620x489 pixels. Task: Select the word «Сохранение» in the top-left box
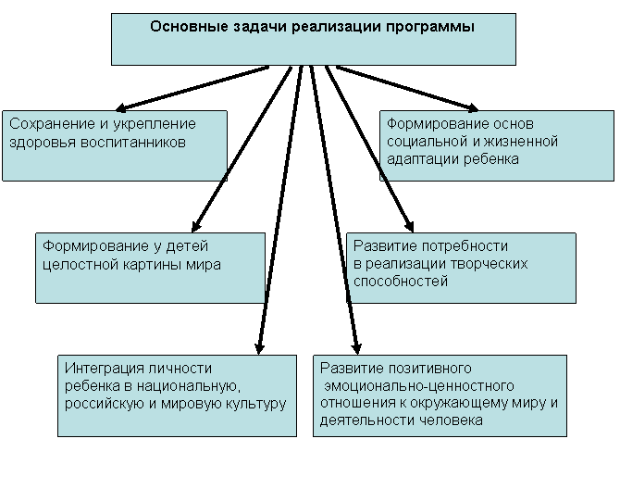pos(52,124)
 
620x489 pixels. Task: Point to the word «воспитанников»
pos(133,142)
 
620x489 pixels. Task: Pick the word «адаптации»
pos(423,159)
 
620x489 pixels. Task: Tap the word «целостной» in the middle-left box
pos(81,264)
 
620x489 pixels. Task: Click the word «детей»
pos(187,246)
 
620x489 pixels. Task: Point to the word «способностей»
pos(401,282)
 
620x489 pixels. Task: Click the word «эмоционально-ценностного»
pos(419,386)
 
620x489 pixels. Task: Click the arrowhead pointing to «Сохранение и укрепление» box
pos(120,107)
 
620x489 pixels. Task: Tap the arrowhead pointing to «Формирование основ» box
pos(473,107)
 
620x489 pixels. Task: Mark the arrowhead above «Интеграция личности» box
pos(259,348)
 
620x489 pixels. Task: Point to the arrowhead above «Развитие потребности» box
pos(409,226)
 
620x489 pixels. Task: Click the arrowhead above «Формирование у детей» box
pos(195,226)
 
